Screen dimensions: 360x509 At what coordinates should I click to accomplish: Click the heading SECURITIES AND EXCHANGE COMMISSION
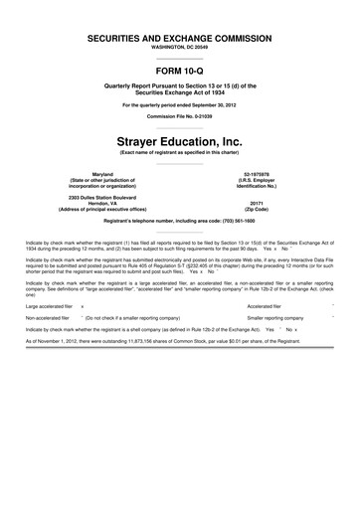point(180,37)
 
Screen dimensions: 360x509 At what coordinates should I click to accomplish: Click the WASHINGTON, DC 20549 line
point(180,46)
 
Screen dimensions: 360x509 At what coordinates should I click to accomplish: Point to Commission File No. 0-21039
point(180,115)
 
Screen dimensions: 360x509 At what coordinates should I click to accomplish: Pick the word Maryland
point(95,172)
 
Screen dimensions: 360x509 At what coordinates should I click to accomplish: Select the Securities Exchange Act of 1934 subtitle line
point(180,92)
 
